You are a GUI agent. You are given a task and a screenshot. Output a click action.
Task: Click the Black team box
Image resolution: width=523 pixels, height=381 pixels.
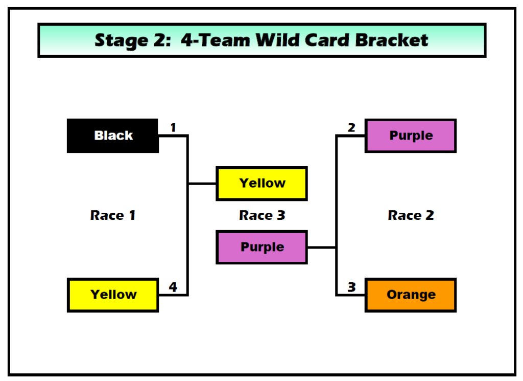[113, 136]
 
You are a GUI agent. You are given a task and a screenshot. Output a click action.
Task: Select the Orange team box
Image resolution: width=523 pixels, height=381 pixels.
[411, 295]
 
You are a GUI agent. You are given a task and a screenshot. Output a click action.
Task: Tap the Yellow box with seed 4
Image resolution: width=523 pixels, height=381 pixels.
[113, 295]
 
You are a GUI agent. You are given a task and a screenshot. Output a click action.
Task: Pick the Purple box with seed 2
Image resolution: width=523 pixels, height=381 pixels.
[411, 136]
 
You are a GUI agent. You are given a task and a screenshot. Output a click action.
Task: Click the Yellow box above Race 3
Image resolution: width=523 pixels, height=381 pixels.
[262, 183]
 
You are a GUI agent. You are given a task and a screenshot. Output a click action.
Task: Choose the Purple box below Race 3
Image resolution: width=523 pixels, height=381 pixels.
[262, 247]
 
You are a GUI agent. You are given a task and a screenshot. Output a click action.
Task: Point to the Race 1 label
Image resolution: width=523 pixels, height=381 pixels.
[113, 215]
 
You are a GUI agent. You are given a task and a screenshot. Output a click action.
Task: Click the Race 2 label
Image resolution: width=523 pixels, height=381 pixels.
[411, 215]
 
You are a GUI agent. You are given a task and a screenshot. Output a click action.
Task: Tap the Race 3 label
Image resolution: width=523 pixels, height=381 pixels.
[262, 215]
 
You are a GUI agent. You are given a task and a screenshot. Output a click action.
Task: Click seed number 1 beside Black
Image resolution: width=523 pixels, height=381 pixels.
[173, 127]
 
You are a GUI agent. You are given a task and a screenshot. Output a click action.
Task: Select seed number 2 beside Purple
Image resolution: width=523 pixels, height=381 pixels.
[351, 127]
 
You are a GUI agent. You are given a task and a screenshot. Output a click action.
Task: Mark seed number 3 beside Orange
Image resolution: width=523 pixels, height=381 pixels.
[351, 287]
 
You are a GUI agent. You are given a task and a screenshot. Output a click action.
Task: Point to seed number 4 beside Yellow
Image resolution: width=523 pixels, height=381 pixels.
[173, 287]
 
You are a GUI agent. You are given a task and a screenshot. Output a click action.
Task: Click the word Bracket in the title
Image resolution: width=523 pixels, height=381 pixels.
[392, 40]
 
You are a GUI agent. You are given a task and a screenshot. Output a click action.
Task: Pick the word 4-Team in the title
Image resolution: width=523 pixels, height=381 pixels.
[216, 40]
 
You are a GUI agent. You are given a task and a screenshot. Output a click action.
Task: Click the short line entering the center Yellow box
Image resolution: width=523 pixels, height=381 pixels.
[202, 184]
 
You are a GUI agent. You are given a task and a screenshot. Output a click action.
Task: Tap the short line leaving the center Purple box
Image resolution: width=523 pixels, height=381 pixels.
[322, 248]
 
